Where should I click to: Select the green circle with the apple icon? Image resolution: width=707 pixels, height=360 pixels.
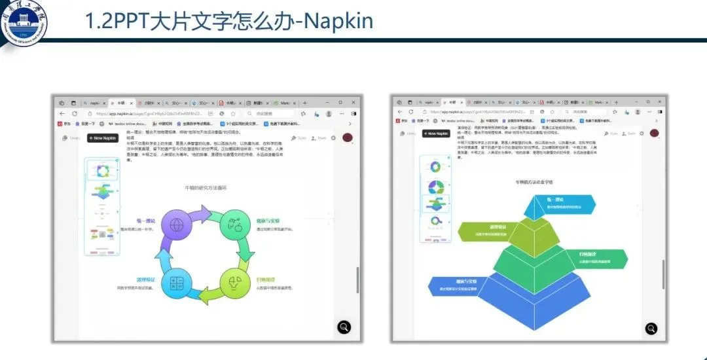click(234, 225)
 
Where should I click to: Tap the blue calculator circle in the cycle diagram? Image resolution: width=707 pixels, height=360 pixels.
click(176, 283)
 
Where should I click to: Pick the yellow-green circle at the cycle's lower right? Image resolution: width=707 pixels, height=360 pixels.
click(234, 283)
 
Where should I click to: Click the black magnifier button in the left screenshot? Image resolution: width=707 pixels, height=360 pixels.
click(344, 327)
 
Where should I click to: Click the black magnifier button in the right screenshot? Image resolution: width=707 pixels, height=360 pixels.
click(651, 328)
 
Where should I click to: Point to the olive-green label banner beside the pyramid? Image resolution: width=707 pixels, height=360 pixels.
click(482, 230)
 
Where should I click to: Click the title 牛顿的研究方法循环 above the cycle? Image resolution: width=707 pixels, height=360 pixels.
click(206, 188)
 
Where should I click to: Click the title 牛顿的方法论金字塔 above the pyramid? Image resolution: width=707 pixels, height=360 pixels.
click(534, 182)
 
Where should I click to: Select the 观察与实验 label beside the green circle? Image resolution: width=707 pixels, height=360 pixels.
click(267, 221)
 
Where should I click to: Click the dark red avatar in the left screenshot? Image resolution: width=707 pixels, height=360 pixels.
click(348, 137)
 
